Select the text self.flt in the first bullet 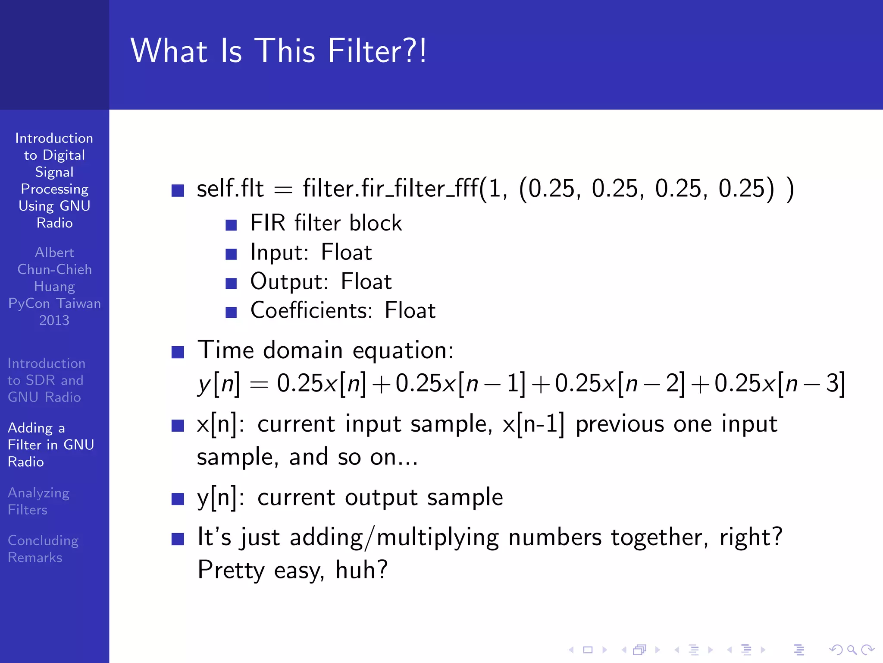pos(230,189)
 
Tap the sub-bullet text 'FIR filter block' pos(326,223)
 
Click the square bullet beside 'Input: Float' pos(231,254)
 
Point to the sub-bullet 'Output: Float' pos(321,281)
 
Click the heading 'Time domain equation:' pos(326,350)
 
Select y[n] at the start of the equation pos(219,383)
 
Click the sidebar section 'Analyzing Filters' pos(39,501)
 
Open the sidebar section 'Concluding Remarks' pos(43,549)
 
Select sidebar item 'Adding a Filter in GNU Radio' pos(50,445)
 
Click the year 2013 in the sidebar pos(54,320)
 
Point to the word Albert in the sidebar pos(54,253)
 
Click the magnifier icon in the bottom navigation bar pos(852,650)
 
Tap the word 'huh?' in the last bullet pos(362,570)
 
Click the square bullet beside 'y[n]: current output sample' pos(178,499)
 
